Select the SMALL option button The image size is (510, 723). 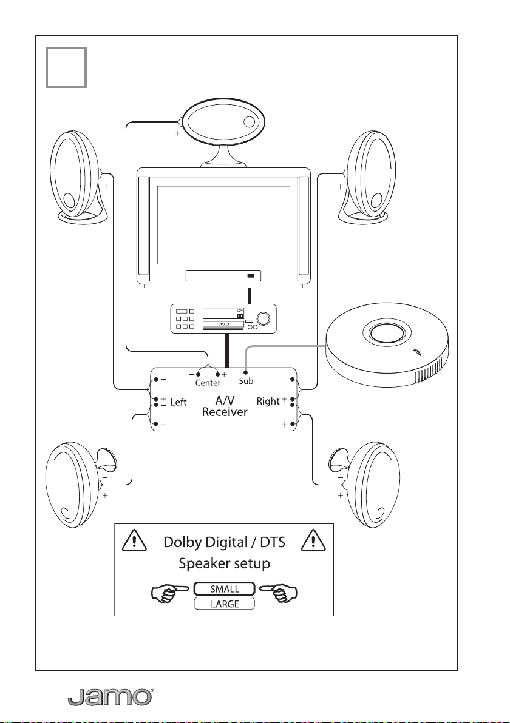tap(224, 589)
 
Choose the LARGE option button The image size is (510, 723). tap(224, 604)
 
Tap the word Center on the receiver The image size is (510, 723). tap(208, 383)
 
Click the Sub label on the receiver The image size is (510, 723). tap(246, 382)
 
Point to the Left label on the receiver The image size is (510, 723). tap(178, 402)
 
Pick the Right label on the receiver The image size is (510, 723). tap(268, 401)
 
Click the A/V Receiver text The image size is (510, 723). tap(224, 406)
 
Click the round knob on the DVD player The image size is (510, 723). tap(265, 318)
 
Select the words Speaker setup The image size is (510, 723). tap(224, 563)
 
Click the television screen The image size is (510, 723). tap(224, 222)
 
